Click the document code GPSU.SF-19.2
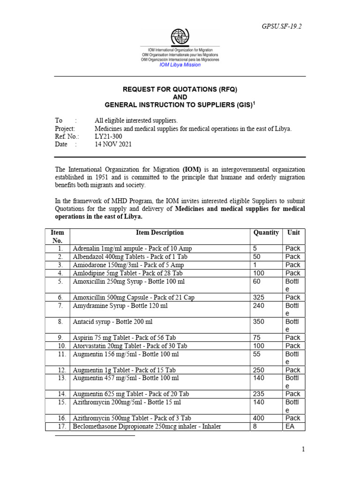point(281,26)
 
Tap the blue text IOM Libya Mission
point(180,65)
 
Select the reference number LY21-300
point(107,136)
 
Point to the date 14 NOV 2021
point(113,144)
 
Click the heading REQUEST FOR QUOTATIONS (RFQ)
point(180,89)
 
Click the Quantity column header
point(266,232)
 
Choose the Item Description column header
point(160,232)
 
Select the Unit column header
point(293,232)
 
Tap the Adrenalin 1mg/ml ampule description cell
point(132,248)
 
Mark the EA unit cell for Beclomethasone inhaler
point(290,427)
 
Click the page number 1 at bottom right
point(303,450)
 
